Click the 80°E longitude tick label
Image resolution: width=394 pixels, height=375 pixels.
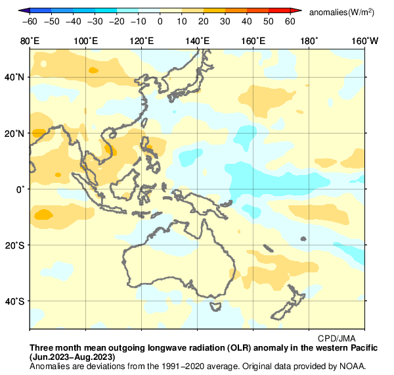(x=30, y=41)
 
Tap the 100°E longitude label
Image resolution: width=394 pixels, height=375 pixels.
(x=85, y=41)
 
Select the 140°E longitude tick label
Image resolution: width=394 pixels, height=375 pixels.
(x=198, y=41)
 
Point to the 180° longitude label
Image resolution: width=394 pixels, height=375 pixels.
(x=309, y=41)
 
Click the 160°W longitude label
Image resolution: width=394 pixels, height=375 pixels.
(x=365, y=41)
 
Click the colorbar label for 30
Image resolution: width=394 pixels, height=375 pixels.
(x=225, y=22)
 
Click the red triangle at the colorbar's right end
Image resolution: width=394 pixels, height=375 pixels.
(x=296, y=11)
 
